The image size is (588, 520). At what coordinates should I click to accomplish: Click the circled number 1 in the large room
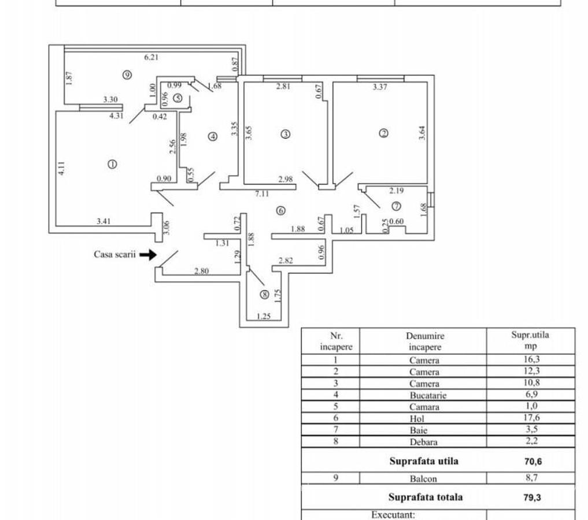click(x=112, y=164)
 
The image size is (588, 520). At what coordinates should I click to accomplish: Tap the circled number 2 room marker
click(x=383, y=133)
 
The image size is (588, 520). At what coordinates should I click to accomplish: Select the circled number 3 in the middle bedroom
click(x=285, y=134)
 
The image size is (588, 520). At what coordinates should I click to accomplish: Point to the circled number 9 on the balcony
click(x=127, y=74)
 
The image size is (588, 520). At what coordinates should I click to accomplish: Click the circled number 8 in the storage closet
click(x=264, y=295)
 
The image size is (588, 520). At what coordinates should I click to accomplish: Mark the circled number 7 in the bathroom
click(x=396, y=206)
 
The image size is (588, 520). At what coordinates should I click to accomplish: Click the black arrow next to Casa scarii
click(x=148, y=254)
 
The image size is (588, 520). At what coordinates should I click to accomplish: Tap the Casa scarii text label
click(x=114, y=254)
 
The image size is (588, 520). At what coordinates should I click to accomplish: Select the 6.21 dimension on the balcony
click(x=150, y=57)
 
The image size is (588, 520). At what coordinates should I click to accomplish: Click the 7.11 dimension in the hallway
click(x=262, y=194)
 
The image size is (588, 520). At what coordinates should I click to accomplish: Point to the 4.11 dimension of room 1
click(x=62, y=169)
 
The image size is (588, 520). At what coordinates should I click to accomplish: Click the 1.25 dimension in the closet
click(x=263, y=316)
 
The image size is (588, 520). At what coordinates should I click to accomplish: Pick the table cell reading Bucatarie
click(x=424, y=395)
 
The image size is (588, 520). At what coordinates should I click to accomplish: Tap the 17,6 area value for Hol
click(x=531, y=418)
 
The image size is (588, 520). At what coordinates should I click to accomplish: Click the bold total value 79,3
click(x=530, y=497)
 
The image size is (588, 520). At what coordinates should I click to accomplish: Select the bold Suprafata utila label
click(x=424, y=461)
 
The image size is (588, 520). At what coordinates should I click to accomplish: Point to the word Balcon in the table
click(x=424, y=478)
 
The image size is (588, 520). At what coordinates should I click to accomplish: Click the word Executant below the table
click(x=393, y=513)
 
